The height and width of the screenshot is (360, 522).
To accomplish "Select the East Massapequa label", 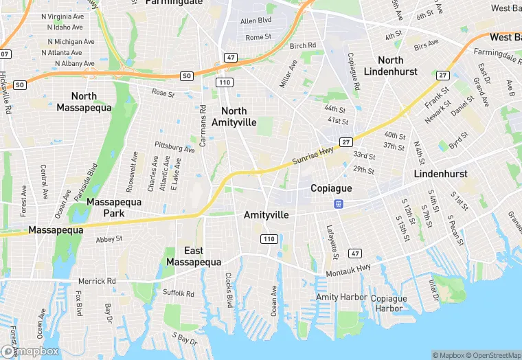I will coord(193,256).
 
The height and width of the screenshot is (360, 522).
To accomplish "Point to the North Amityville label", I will coord(234,116).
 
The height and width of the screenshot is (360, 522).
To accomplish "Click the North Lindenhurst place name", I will coord(400,66).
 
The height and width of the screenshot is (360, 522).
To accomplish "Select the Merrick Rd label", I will coord(97,281).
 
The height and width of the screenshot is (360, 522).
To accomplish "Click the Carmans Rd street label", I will coord(203,126).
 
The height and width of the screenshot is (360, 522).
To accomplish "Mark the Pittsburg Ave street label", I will coord(174,148).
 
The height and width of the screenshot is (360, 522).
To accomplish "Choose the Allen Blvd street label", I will coord(256,21).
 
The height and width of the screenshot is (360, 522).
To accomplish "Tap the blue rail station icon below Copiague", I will coord(338,203).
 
